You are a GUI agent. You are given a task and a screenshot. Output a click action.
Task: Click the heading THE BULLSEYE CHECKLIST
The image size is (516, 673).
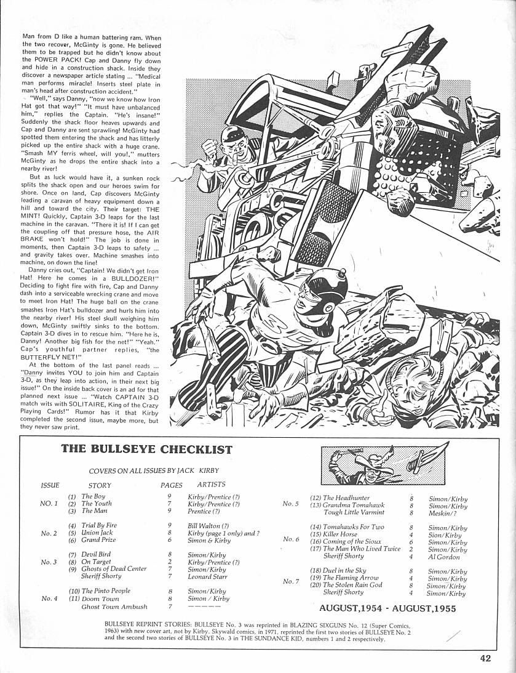[146, 449]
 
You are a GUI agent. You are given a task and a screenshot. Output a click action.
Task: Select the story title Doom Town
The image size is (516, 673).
[101, 598]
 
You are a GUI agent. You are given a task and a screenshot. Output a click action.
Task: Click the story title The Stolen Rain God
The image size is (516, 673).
[352, 585]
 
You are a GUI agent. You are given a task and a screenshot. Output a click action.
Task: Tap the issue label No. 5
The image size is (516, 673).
[290, 504]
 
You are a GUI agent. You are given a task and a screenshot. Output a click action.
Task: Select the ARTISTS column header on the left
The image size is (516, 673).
[211, 485]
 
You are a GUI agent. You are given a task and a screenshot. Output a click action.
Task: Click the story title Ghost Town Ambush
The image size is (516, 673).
[114, 607]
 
